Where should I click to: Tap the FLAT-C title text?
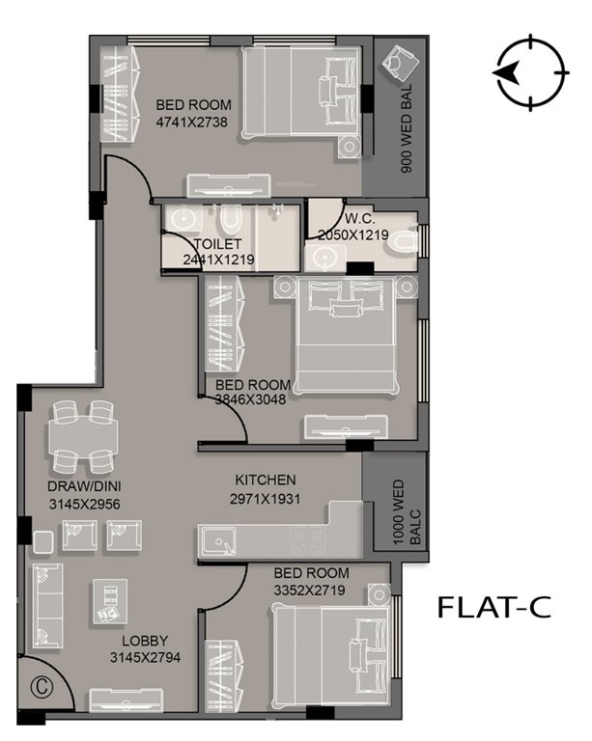[493, 607]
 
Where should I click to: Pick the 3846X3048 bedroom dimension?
[251, 399]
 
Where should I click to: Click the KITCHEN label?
[266, 480]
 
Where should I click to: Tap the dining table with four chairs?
[83, 432]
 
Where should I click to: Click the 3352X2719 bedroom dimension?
[311, 588]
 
